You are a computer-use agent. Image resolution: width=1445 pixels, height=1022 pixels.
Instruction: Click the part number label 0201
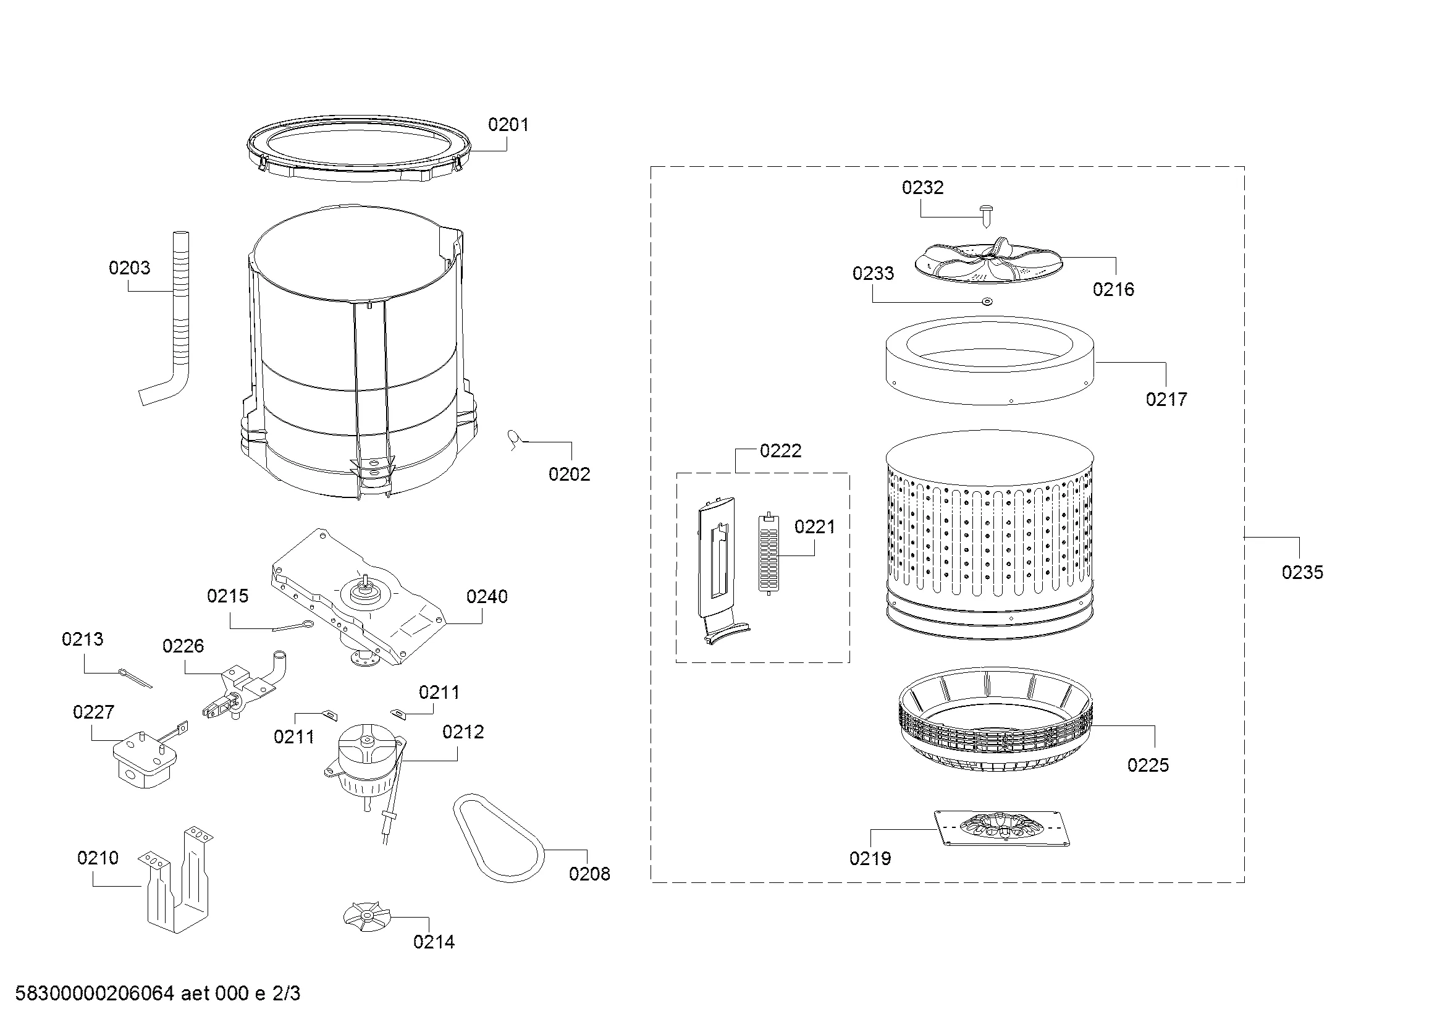point(508,125)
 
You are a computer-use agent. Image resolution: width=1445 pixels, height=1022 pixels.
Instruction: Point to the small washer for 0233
point(987,302)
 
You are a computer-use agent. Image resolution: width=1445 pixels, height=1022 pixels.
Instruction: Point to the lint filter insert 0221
point(769,554)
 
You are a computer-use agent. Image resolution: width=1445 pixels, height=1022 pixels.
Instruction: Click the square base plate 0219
point(1001,827)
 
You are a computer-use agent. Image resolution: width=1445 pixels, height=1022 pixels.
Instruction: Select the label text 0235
point(1302,572)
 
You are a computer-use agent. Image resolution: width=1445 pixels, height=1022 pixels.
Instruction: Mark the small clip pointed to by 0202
point(515,439)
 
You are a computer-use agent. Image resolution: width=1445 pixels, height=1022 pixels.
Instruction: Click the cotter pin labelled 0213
point(135,678)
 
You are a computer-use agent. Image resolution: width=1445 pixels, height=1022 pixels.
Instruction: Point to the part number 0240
point(486,597)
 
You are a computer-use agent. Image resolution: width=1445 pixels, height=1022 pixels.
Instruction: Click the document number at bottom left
point(158,994)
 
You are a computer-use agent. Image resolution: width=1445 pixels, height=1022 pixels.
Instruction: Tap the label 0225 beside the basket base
point(1148,765)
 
